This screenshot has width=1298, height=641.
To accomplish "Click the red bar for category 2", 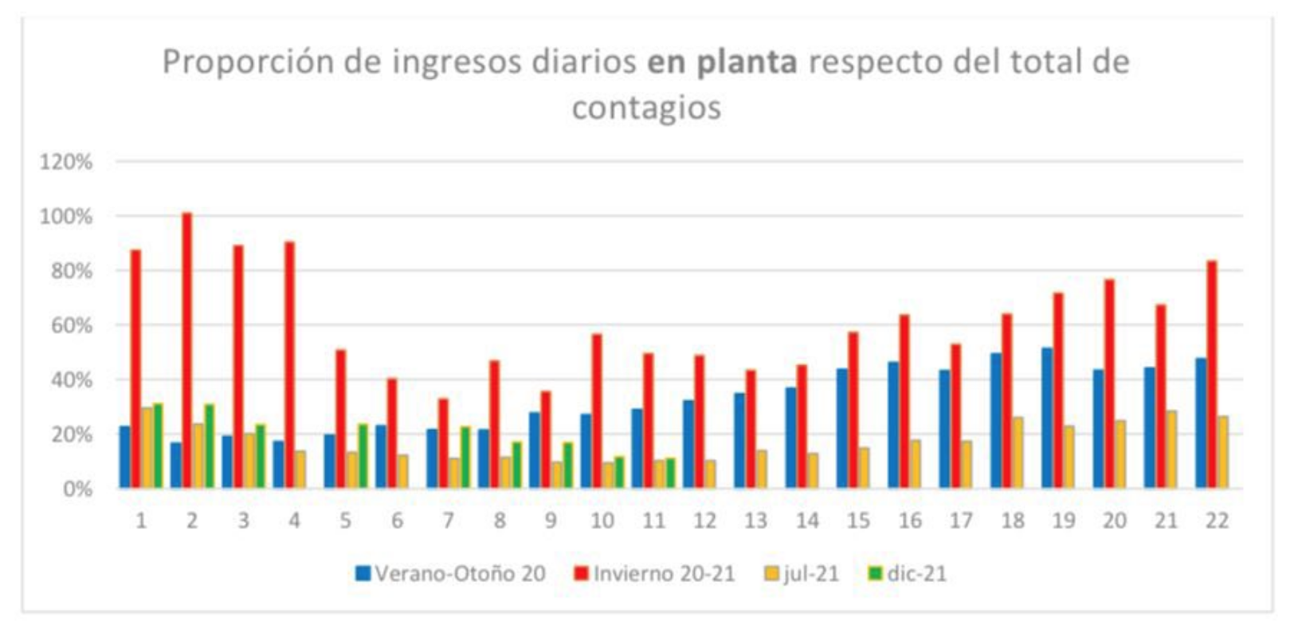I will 187,351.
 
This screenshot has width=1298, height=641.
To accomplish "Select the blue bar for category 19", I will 1047,418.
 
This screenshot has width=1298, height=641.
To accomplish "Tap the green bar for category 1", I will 158,446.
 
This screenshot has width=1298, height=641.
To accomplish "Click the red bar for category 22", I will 1211,375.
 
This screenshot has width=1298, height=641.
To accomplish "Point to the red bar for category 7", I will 443,443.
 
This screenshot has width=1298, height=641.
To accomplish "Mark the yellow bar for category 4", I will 300,470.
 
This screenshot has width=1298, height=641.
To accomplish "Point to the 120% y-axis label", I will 66,162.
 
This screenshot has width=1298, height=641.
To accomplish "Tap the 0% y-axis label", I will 76,489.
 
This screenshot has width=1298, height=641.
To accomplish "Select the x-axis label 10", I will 602,521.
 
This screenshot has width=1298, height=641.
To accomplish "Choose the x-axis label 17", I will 961,521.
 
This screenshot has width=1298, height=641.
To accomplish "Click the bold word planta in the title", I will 747,62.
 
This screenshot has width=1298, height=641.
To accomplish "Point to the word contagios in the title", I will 646,107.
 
